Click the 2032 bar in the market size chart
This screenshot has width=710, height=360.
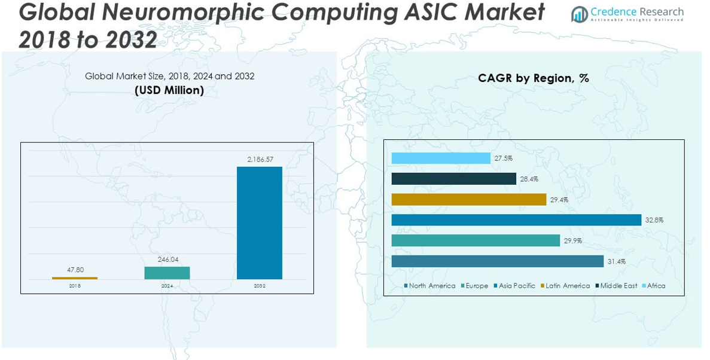(259, 222)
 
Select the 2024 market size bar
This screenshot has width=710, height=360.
(167, 273)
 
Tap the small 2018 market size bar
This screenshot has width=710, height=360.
(75, 277)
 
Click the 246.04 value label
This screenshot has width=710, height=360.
(168, 260)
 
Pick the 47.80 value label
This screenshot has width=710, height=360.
(76, 270)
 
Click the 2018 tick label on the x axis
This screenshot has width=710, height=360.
(75, 286)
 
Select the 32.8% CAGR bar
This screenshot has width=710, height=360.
(516, 220)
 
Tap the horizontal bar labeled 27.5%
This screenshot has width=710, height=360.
(441, 158)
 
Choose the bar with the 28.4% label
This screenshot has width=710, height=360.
(453, 179)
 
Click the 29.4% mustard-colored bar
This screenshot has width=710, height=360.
(469, 199)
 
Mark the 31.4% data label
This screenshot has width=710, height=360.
(617, 261)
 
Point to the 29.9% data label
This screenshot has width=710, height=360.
(573, 240)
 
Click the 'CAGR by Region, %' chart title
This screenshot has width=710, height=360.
(534, 78)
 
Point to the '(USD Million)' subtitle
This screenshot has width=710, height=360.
(169, 90)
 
